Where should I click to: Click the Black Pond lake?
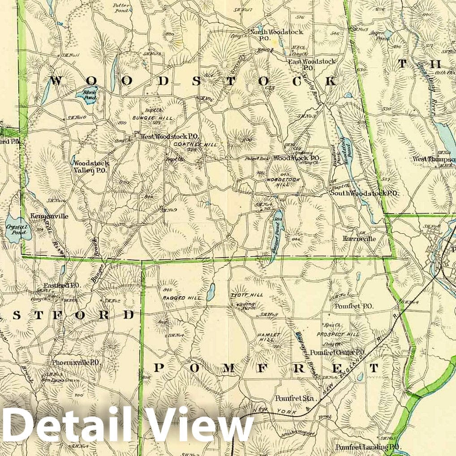tap(86, 95)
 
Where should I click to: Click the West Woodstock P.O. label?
tap(169, 137)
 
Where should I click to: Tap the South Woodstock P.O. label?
tap(364, 193)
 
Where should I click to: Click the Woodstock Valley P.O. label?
tap(91, 167)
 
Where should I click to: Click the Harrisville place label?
tap(359, 239)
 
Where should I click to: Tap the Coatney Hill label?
tap(195, 145)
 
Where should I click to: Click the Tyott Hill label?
tap(246, 295)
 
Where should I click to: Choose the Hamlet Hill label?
tap(269, 338)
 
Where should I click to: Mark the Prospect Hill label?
tap(338, 335)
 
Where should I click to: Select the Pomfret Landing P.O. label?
tap(368, 447)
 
